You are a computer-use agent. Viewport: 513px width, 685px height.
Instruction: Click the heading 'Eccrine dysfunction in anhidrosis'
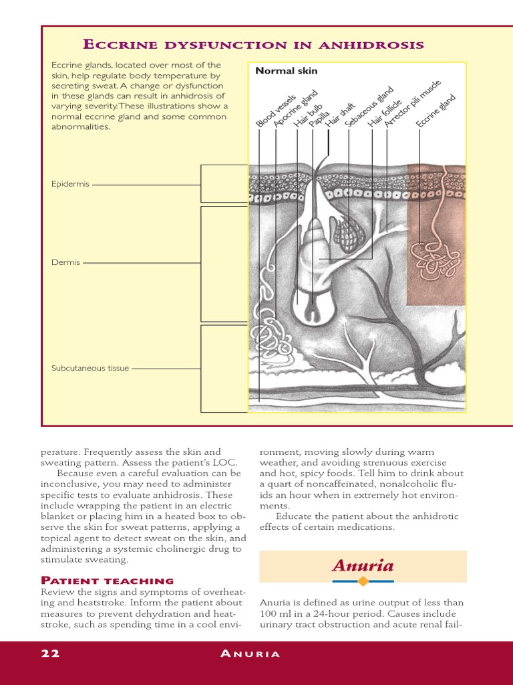pos(252,45)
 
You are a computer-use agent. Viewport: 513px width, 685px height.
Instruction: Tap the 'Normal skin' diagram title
pos(286,71)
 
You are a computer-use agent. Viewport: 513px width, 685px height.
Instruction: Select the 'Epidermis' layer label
pos(70,184)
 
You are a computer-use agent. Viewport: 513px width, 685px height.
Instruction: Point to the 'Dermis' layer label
pos(65,262)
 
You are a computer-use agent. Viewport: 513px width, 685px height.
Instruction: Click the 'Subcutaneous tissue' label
pos(90,368)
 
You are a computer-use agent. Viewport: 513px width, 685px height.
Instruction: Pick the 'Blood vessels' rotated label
pos(275,111)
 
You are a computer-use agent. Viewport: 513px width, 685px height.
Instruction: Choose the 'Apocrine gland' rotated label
pos(296,109)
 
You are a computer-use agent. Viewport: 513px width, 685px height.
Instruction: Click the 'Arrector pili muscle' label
pos(413,104)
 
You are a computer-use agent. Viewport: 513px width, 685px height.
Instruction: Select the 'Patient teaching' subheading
pos(107,581)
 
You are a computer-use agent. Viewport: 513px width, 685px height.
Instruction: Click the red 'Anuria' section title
pos(363,566)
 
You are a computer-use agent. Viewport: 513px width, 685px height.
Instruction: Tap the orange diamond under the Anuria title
pos(363,581)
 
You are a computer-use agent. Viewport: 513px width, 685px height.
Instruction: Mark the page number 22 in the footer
pos(50,654)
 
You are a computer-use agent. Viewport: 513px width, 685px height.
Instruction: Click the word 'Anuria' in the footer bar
pos(250,654)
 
